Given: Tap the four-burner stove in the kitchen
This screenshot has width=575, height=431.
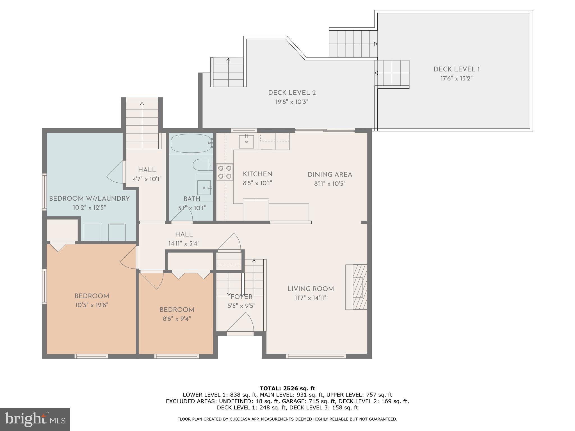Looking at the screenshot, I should tap(225, 172).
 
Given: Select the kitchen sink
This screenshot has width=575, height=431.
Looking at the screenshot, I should tap(246, 141).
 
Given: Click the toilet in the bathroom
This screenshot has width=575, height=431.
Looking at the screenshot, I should tap(203, 165).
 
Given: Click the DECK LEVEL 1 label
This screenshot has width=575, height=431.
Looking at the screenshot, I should tap(457, 69).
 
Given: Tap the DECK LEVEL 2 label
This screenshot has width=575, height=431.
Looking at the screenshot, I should tap(292, 93).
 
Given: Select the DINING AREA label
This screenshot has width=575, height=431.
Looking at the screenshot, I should tap(330, 175).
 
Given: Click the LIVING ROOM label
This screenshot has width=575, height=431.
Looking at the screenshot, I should tap(311, 289).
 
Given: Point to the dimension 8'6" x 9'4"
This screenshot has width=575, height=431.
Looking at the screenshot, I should tap(177, 319).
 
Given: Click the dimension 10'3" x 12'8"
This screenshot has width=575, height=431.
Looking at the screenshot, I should tap(92, 305).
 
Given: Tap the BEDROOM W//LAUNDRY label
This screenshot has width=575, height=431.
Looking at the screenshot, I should tap(89, 199).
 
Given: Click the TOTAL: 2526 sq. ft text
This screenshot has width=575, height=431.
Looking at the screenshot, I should tap(287, 389).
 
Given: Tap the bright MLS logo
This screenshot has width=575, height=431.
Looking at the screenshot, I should tap(35, 419).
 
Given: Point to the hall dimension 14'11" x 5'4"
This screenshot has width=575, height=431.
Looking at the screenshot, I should tap(184, 243).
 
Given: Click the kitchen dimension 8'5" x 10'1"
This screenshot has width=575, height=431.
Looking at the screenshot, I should tap(257, 183).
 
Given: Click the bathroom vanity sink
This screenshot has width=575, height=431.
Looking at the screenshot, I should tap(204, 187).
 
